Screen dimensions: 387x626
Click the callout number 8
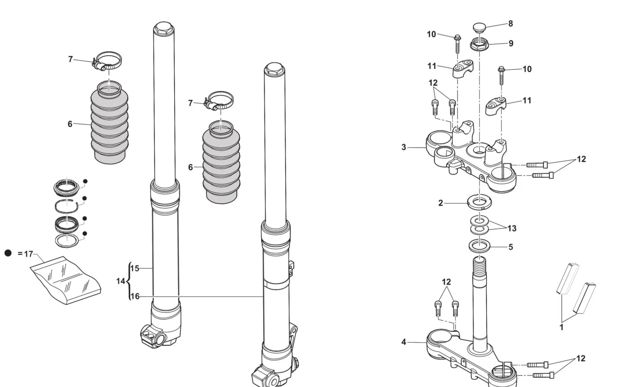coord(511,24)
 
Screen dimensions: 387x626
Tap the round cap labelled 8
coord(479,27)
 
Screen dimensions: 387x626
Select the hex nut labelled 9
coord(480,44)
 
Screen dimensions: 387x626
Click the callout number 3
coord(404,147)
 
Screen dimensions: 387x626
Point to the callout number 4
coord(404,342)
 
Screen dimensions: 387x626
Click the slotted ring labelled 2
coord(479,202)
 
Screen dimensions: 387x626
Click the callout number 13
coord(512,228)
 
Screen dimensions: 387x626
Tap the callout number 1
coord(561,327)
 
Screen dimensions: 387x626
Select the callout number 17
coord(28,254)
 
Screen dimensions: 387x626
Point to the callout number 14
coord(121,281)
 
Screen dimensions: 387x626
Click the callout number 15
coord(135,269)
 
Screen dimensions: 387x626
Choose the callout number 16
coord(135,296)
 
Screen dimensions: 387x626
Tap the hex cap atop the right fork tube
coord(275,68)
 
